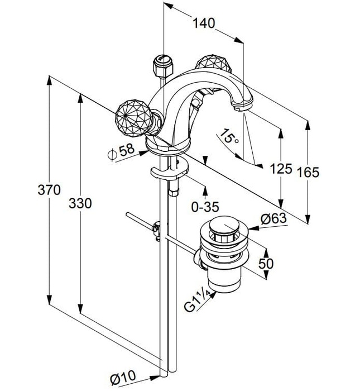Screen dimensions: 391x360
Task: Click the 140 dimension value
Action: click(203, 23)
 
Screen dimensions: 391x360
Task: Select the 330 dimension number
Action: click(81, 204)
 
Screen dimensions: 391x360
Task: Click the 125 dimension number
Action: click(281, 168)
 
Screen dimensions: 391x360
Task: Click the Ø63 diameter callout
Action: click(272, 218)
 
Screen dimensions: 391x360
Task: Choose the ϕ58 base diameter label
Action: click(121, 151)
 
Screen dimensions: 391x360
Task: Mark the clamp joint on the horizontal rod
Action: click(157, 228)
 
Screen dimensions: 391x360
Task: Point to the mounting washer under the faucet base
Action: click(166, 173)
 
